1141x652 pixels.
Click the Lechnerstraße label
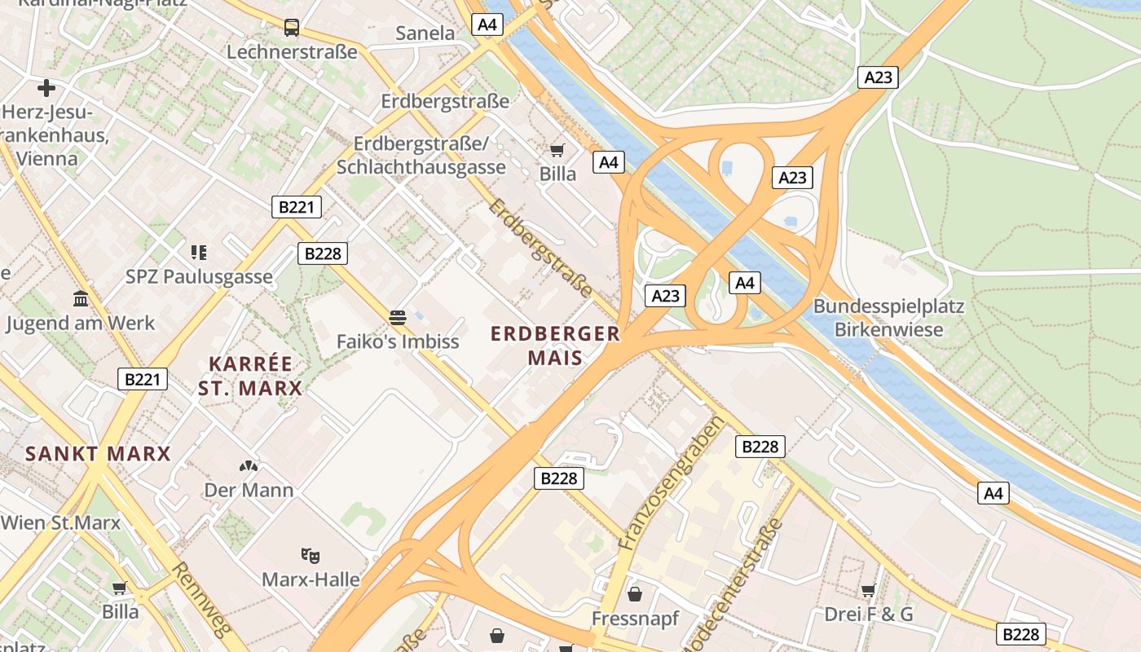click(292, 52)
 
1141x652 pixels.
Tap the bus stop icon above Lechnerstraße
click(292, 28)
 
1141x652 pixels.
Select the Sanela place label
click(425, 33)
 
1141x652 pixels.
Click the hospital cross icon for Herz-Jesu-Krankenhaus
click(46, 87)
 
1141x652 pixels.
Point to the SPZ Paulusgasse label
click(199, 276)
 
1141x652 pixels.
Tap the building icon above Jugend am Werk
click(81, 299)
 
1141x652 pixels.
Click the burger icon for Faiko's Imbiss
click(398, 317)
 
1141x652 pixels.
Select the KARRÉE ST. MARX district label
click(250, 376)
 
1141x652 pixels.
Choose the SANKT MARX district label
click(98, 454)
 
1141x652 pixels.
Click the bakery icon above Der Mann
click(249, 467)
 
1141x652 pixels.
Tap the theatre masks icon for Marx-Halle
click(310, 556)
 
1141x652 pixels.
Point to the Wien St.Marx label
click(60, 522)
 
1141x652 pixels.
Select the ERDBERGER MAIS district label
click(555, 346)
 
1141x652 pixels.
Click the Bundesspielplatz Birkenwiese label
click(888, 318)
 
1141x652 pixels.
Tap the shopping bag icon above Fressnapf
click(635, 594)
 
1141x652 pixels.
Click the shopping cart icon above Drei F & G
click(868, 590)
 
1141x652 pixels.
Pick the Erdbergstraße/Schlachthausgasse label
click(421, 156)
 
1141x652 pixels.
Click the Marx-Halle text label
click(311, 579)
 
